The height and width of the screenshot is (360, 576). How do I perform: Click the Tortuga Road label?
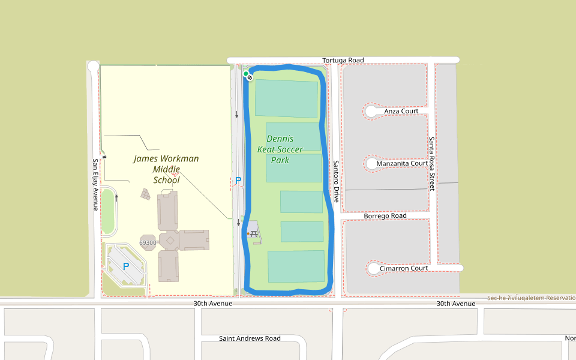click(343, 61)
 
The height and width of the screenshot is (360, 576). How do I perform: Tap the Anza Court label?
click(401, 111)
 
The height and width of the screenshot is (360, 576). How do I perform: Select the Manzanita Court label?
click(401, 163)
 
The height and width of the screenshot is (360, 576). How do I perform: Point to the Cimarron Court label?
click(404, 268)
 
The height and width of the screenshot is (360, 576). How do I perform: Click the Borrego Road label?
click(385, 216)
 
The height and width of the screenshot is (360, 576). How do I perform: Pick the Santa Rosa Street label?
click(431, 164)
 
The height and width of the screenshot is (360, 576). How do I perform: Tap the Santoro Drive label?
click(336, 181)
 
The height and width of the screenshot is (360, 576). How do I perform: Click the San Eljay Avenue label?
click(95, 184)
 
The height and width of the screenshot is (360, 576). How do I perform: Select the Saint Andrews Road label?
click(250, 338)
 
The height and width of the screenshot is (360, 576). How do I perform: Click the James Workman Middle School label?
click(166, 169)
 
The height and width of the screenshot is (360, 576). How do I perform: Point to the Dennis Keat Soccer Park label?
click(280, 149)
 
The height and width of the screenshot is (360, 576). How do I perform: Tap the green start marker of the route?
click(246, 74)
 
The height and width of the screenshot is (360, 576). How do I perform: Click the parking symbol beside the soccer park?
click(238, 180)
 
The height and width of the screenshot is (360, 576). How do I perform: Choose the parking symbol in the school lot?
click(126, 266)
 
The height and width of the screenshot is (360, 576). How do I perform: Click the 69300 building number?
click(148, 243)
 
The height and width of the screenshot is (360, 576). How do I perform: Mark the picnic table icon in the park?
click(254, 233)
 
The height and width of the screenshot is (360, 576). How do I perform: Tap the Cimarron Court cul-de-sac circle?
click(373, 268)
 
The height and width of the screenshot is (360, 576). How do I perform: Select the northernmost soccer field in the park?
click(286, 98)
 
